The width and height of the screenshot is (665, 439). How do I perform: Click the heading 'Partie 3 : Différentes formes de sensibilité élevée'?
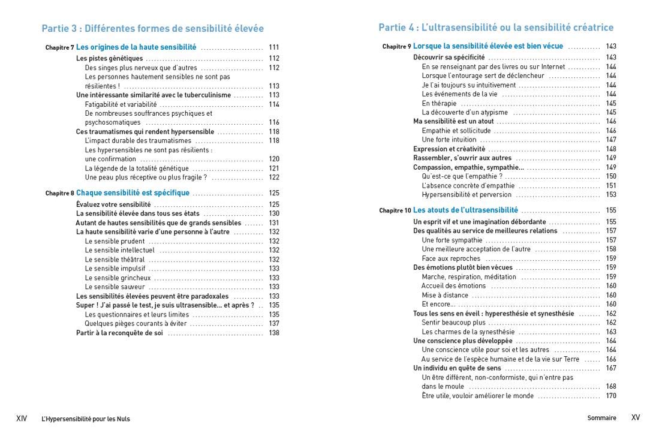pyautogui.click(x=152, y=28)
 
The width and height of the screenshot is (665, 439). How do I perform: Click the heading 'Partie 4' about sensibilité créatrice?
pyautogui.click(x=496, y=28)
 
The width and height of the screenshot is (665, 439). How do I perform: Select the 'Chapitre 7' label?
pyautogui.click(x=59, y=47)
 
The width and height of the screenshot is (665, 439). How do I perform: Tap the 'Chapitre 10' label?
pyautogui.click(x=395, y=211)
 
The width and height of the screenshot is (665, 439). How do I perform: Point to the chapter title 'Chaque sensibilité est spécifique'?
pyautogui.click(x=133, y=193)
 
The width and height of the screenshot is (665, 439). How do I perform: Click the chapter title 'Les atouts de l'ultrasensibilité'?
pyautogui.click(x=465, y=211)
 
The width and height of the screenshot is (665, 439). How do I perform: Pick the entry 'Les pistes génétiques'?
pyautogui.click(x=109, y=59)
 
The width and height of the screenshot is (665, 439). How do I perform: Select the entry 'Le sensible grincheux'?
pyautogui.click(x=118, y=278)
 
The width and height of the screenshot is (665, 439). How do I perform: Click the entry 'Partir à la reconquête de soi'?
pyautogui.click(x=119, y=333)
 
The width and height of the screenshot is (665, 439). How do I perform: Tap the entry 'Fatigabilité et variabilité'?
pyautogui.click(x=121, y=104)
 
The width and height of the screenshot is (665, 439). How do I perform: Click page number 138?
pyautogui.click(x=274, y=333)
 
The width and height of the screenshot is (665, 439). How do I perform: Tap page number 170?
pyautogui.click(x=611, y=396)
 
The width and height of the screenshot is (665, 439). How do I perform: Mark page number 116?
pyautogui.click(x=274, y=122)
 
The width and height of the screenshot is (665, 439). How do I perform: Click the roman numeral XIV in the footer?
pyautogui.click(x=22, y=418)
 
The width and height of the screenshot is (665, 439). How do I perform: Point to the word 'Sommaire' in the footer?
pyautogui.click(x=601, y=418)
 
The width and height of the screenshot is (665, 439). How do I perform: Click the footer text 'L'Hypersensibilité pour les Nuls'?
pyautogui.click(x=86, y=419)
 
